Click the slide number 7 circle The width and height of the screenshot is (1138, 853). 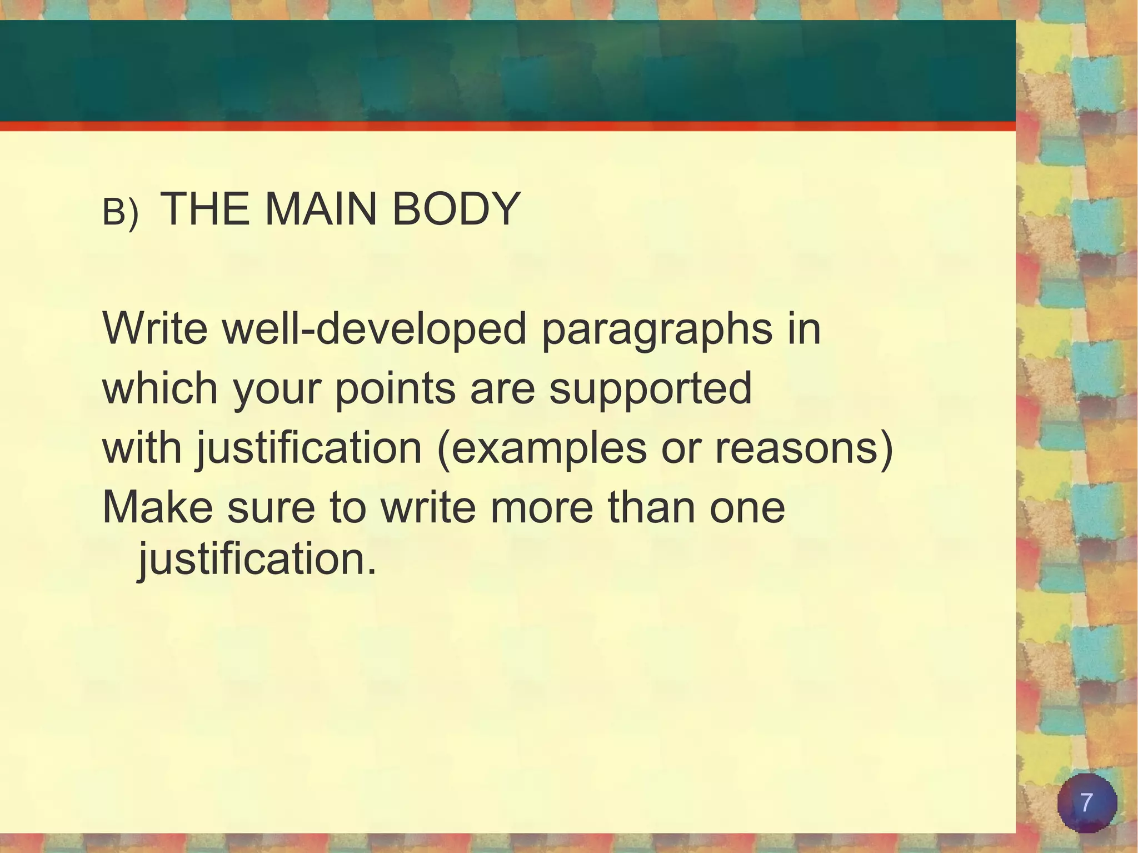coord(1086,803)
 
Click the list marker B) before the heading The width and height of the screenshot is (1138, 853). coord(120,213)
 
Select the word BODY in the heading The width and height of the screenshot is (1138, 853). coord(456,209)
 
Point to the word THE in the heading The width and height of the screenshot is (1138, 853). coord(204,209)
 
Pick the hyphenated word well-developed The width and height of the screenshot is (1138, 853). coord(374,328)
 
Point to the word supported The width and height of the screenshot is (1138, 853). coord(650,389)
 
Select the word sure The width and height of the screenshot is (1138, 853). coord(271,508)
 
